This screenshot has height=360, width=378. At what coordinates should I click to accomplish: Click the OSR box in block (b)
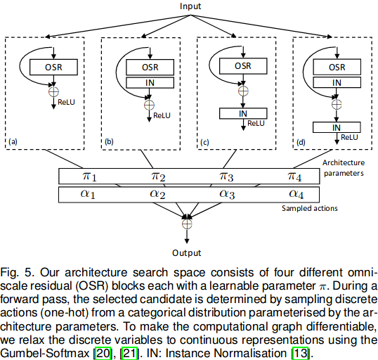point(146,67)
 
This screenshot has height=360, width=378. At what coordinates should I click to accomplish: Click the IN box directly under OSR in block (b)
point(146,83)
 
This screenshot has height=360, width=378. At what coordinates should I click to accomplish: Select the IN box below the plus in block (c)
point(241,112)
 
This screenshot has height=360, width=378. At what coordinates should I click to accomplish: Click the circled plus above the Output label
point(186,224)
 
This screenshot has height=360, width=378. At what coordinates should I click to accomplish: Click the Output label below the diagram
point(186,252)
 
